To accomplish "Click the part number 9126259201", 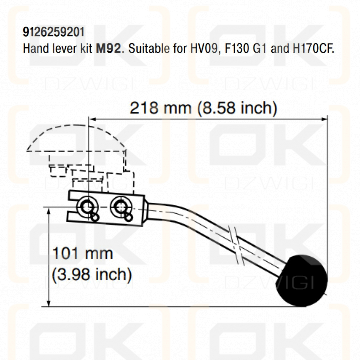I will (x=53, y=32).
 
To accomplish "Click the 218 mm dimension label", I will (x=160, y=108).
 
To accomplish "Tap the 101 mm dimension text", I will (x=83, y=254).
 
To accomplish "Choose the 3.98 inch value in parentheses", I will (x=92, y=274).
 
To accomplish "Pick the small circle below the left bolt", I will (x=94, y=217).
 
